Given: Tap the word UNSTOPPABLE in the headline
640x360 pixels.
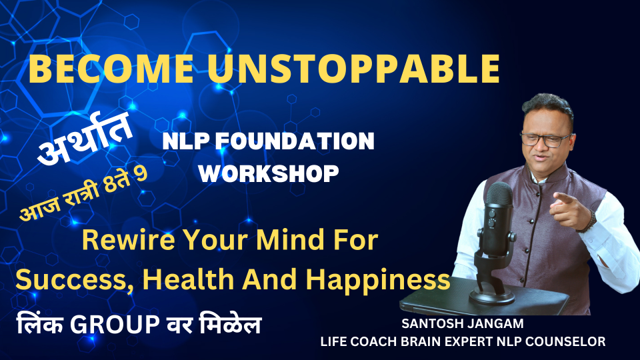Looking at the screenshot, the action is click(x=353, y=69).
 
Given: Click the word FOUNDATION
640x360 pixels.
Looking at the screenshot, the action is click(x=295, y=141).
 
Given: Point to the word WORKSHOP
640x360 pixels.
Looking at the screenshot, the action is click(x=269, y=173).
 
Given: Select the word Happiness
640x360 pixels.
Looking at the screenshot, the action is click(x=379, y=281).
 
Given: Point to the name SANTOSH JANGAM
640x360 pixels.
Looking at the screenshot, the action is click(x=463, y=324).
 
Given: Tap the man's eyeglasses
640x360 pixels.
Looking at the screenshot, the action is click(x=547, y=139).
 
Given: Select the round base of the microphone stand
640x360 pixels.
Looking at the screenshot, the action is click(x=491, y=296).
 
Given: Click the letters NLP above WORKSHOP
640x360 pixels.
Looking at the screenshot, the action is click(x=186, y=141).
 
